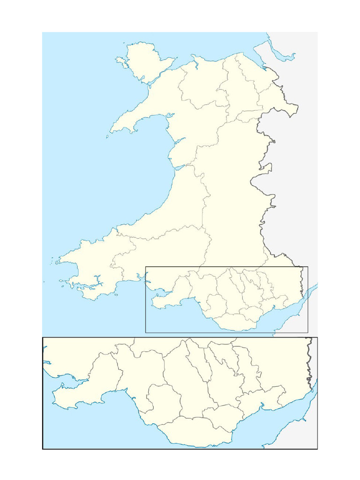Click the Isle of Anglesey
145,61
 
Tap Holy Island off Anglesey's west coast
120,61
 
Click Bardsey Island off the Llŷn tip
107,137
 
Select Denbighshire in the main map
237,94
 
